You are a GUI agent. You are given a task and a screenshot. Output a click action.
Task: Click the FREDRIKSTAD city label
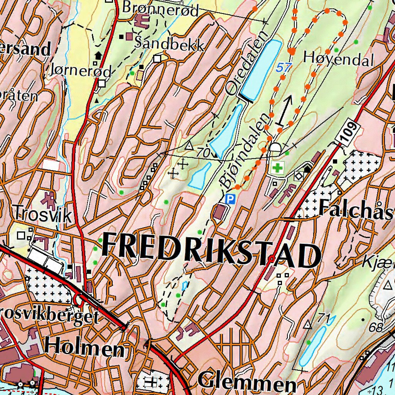[x=211, y=252]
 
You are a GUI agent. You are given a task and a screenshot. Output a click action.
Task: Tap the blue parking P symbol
[x=230, y=199]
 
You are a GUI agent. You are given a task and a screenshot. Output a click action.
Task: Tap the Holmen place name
[x=84, y=348]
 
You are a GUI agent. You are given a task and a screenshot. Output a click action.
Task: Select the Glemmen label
[x=247, y=381]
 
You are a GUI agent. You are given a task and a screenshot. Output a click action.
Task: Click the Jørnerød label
[x=81, y=70]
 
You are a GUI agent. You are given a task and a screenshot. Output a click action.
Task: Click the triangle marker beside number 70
[x=188, y=146]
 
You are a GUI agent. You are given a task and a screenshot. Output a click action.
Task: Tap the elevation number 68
[x=376, y=328]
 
